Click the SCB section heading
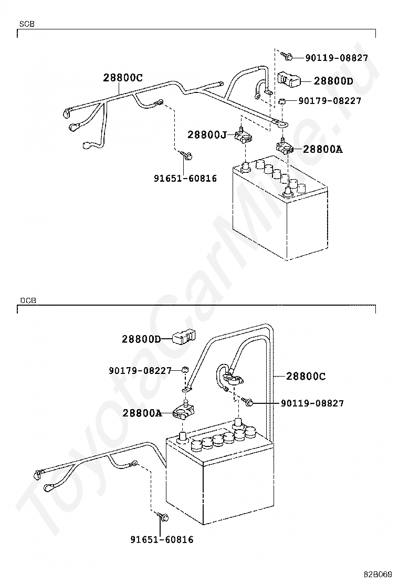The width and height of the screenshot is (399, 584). [x=27, y=24]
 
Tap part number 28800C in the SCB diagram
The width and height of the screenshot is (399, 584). [x=122, y=78]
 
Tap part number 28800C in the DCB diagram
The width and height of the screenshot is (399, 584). [x=306, y=377]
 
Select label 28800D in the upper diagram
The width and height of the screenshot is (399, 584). [x=333, y=81]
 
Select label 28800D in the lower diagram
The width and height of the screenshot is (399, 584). [x=141, y=339]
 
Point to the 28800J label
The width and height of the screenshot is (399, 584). [x=207, y=135]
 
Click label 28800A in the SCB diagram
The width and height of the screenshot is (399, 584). [x=322, y=149]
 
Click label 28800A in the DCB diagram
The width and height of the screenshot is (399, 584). [x=142, y=413]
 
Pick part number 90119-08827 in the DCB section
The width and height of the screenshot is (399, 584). [x=312, y=403]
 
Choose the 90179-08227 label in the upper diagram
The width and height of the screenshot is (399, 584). [x=330, y=100]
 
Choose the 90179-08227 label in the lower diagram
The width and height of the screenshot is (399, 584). [x=140, y=371]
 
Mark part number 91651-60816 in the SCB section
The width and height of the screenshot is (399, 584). [x=185, y=179]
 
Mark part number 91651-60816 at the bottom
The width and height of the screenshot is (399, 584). [x=162, y=539]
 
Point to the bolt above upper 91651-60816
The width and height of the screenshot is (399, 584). [x=186, y=155]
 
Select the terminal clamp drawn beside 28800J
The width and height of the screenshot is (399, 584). [x=243, y=138]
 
